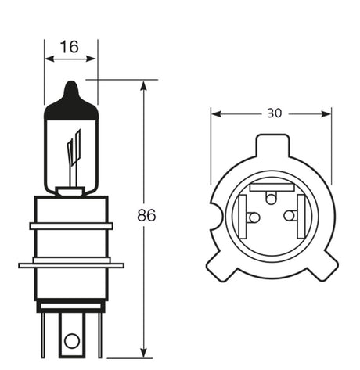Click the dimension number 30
[273, 113]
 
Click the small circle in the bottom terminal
[72, 340]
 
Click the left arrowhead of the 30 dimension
[215, 113]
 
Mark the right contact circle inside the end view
[290, 216]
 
